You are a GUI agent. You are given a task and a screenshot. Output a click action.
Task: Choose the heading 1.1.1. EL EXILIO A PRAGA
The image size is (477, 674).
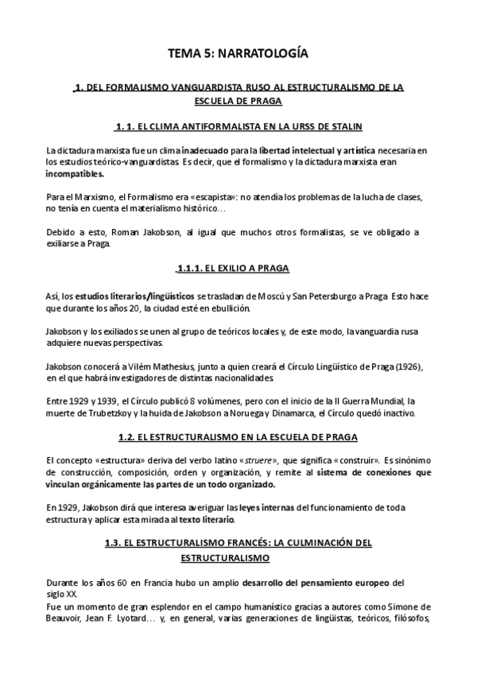click(x=238, y=269)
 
